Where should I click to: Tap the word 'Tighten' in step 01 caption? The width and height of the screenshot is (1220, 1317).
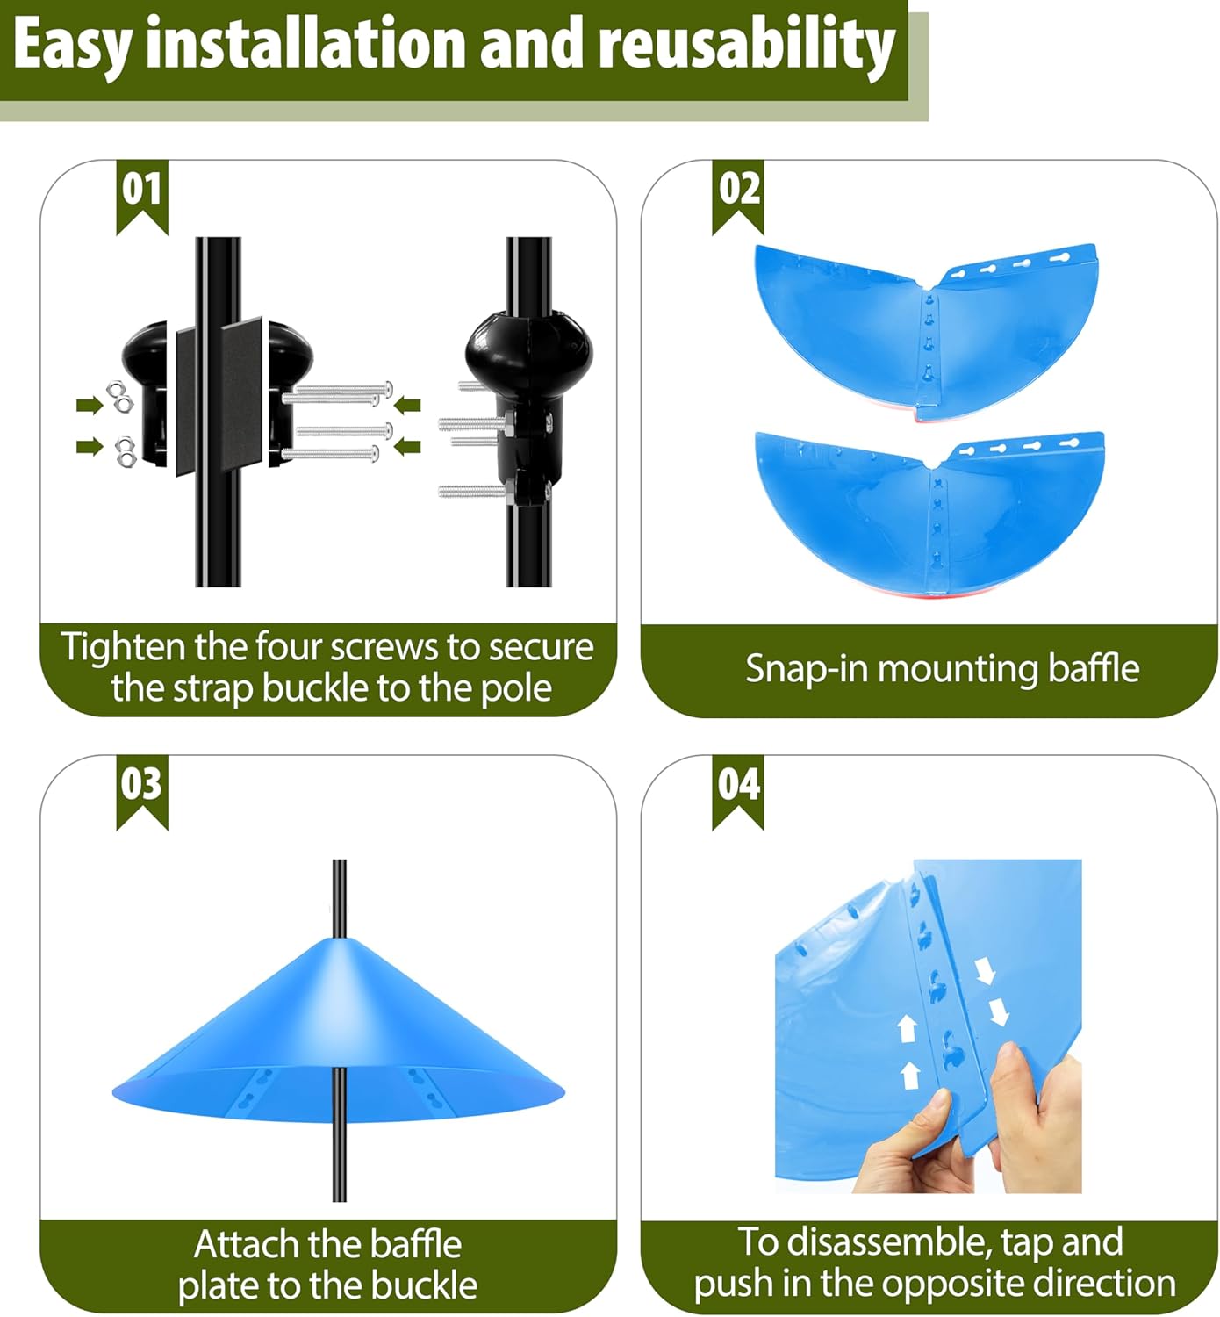click(x=123, y=648)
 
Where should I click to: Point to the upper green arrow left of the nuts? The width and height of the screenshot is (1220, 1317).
click(x=89, y=405)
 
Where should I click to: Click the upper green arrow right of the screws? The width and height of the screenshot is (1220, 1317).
click(x=407, y=405)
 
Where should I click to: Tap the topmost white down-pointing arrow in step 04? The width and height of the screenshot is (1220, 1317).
click(x=985, y=970)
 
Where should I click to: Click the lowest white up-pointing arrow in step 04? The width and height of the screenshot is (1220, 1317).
click(x=910, y=1074)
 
